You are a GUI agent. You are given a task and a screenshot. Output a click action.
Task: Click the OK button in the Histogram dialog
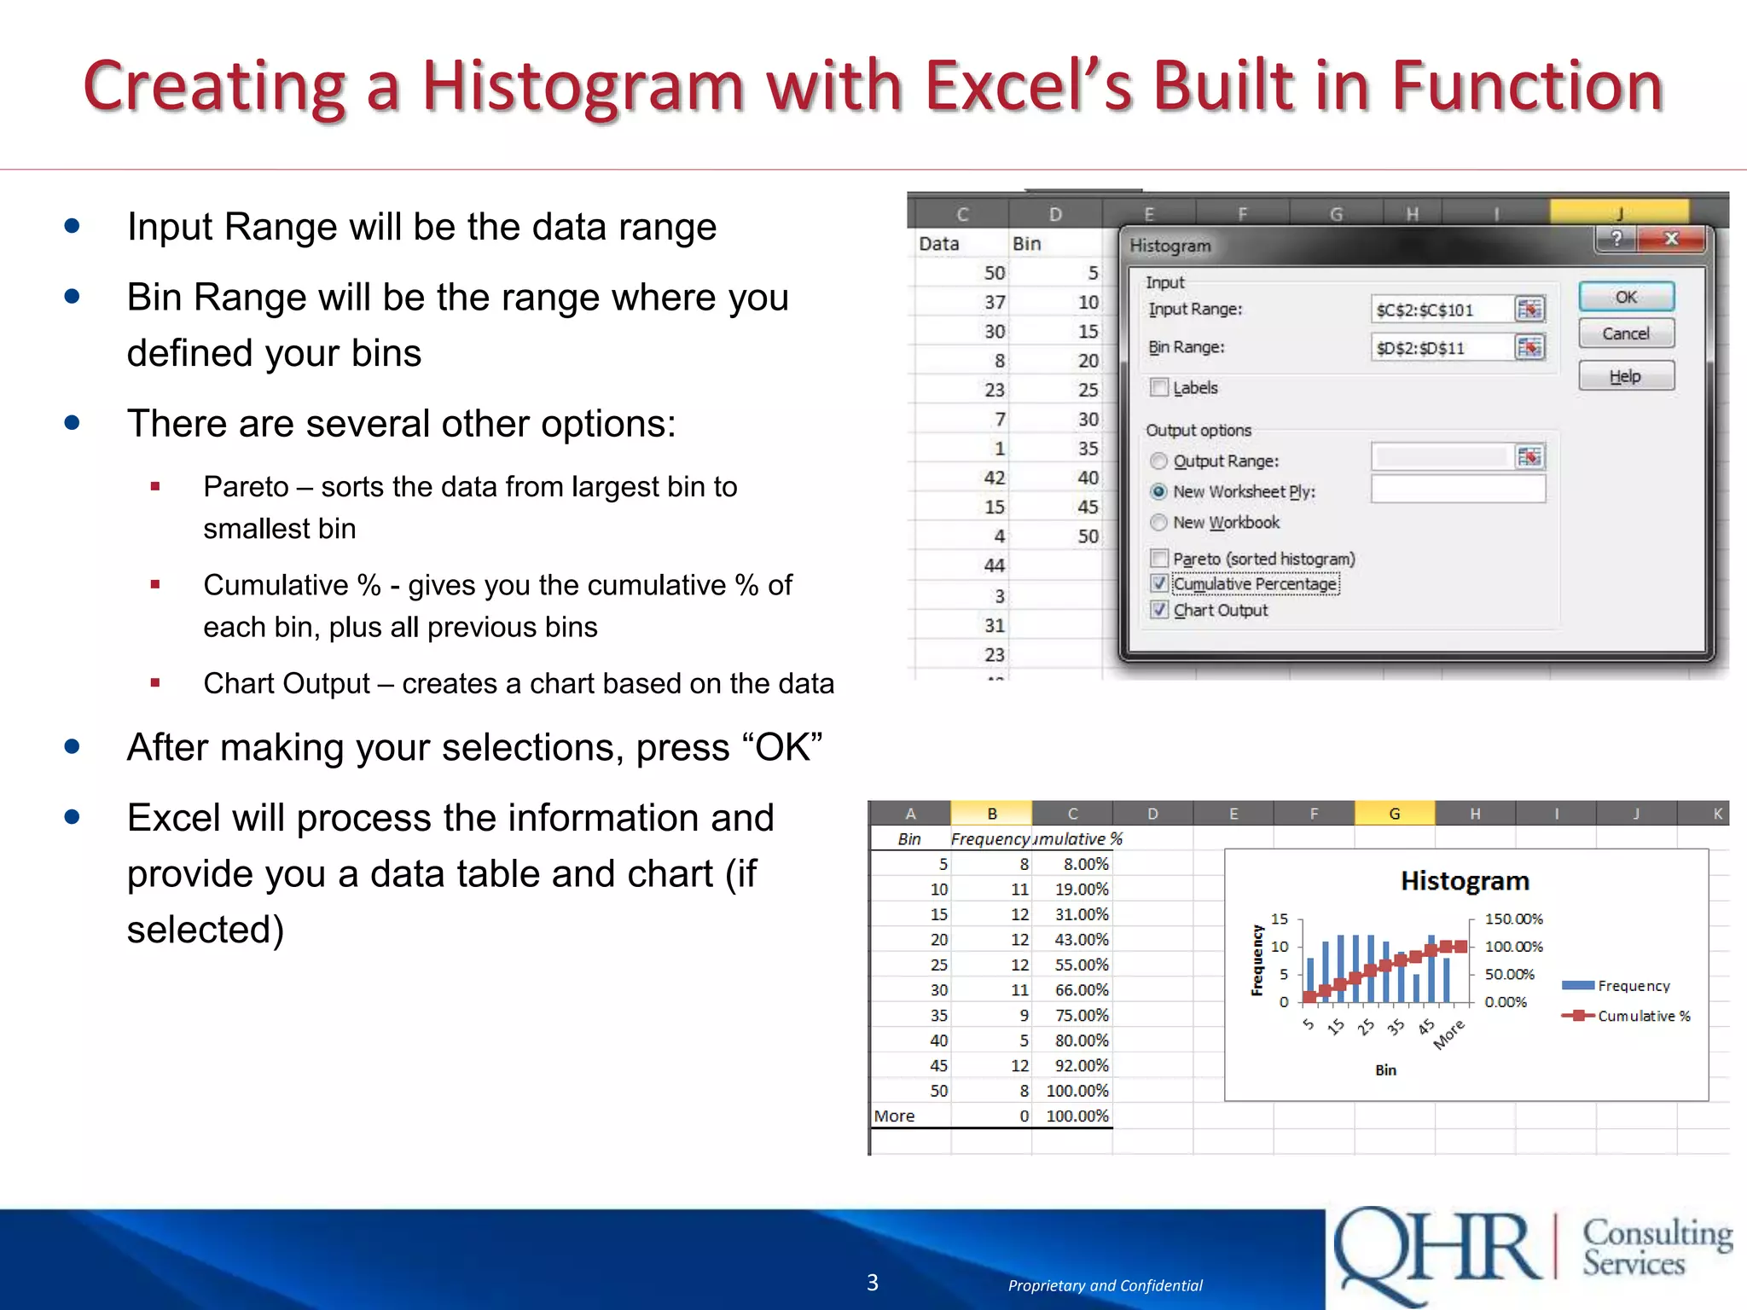coord(1626,297)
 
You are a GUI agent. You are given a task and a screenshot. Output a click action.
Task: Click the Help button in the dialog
coord(1626,376)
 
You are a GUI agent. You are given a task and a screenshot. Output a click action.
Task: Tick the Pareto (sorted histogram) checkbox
coord(1159,559)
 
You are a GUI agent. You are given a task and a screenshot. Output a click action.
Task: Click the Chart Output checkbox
coord(1159,610)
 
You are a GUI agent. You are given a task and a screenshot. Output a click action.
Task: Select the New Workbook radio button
coord(1158,522)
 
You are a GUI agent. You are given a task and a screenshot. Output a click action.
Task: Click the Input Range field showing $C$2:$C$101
coord(1441,310)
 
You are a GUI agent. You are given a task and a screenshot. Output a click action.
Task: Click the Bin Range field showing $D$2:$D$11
coord(1441,348)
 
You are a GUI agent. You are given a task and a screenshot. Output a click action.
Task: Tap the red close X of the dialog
coord(1671,239)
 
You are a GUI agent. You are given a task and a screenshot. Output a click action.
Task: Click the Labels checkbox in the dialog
coord(1159,388)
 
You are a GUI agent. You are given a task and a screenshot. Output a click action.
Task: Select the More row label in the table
coord(895,1116)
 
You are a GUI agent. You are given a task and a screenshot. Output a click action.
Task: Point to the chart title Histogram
coord(1465,881)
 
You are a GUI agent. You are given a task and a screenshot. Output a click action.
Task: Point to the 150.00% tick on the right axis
coord(1513,919)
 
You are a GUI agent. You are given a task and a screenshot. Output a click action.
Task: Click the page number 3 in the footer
coord(873,1283)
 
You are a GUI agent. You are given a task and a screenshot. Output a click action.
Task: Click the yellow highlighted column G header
coord(1394,814)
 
